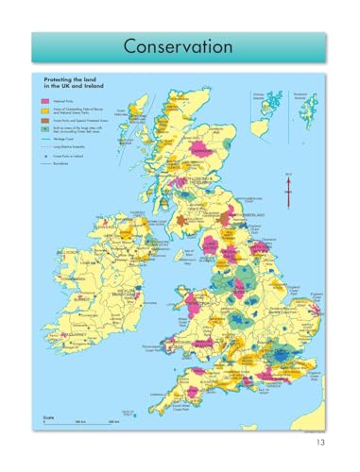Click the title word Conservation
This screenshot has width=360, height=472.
click(179, 45)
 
